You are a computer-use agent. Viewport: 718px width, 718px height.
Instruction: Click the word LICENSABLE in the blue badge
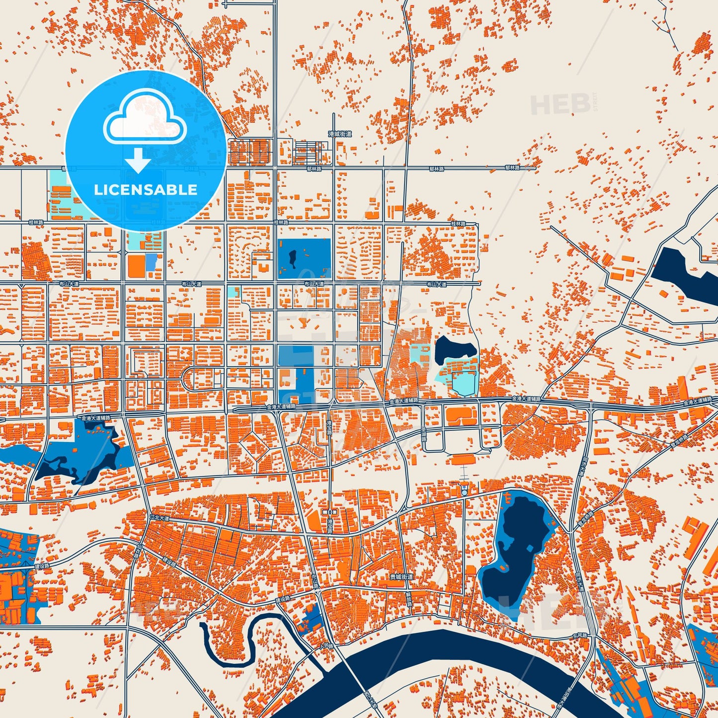[146, 190]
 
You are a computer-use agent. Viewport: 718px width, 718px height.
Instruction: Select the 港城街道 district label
[340, 134]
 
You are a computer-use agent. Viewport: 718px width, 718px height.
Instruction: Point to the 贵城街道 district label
[401, 577]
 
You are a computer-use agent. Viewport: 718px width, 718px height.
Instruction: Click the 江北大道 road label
[160, 518]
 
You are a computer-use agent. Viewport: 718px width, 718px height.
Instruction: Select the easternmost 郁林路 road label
[512, 168]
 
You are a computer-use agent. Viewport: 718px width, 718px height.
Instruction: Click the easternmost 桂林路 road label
[458, 224]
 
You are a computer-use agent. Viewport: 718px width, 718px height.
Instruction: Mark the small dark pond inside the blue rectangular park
[293, 258]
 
